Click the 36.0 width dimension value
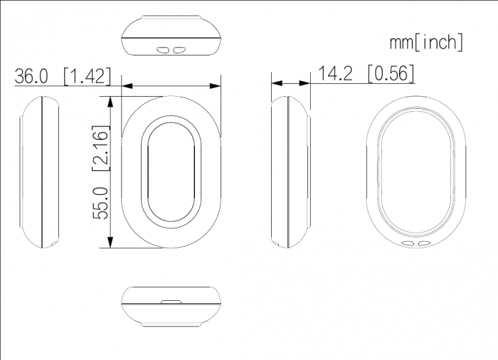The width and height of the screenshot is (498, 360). (x=31, y=76)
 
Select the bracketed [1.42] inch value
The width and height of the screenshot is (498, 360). (x=88, y=76)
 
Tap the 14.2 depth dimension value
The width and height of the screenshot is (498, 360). (x=335, y=73)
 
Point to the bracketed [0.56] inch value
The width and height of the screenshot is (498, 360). (x=391, y=73)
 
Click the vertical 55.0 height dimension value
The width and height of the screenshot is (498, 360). (x=100, y=203)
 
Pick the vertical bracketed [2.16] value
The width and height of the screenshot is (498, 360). (x=101, y=148)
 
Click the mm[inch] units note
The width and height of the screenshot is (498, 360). (x=426, y=42)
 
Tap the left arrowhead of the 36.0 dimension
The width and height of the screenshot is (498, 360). (x=127, y=86)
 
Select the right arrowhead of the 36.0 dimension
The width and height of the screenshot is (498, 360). (x=215, y=86)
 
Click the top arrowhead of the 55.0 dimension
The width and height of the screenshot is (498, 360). (x=110, y=102)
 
